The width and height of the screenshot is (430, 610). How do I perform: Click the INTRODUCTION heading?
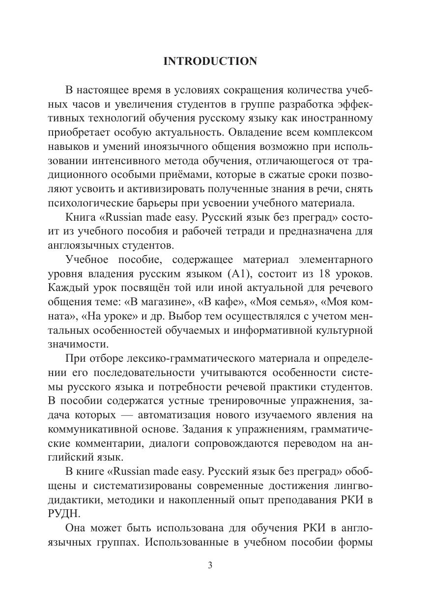pyautogui.click(x=210, y=61)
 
